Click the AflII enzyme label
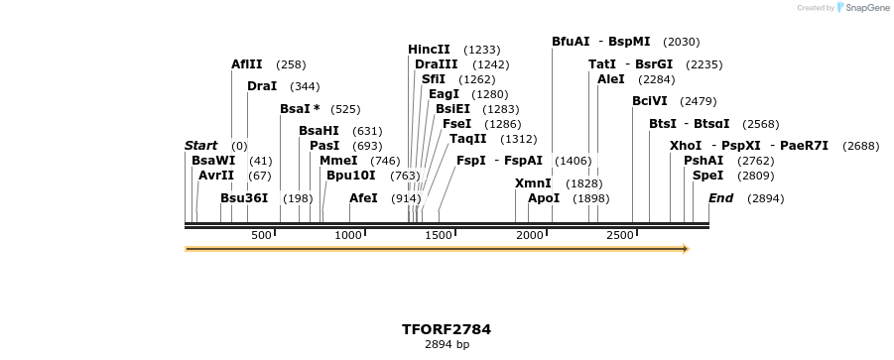point(246,64)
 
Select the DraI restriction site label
point(262,86)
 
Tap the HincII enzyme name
point(429,50)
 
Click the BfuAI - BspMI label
point(600,42)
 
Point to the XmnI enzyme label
point(533,183)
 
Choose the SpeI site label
point(707,176)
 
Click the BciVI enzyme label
point(650,101)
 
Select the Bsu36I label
point(244,198)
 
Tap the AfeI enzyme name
point(363,198)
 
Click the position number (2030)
point(681,42)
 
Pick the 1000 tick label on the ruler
point(348,235)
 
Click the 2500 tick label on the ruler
point(620,235)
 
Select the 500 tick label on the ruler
point(261,235)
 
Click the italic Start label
point(200,146)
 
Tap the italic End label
point(720,198)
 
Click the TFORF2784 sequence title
point(447,329)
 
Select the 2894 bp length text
point(447,345)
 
